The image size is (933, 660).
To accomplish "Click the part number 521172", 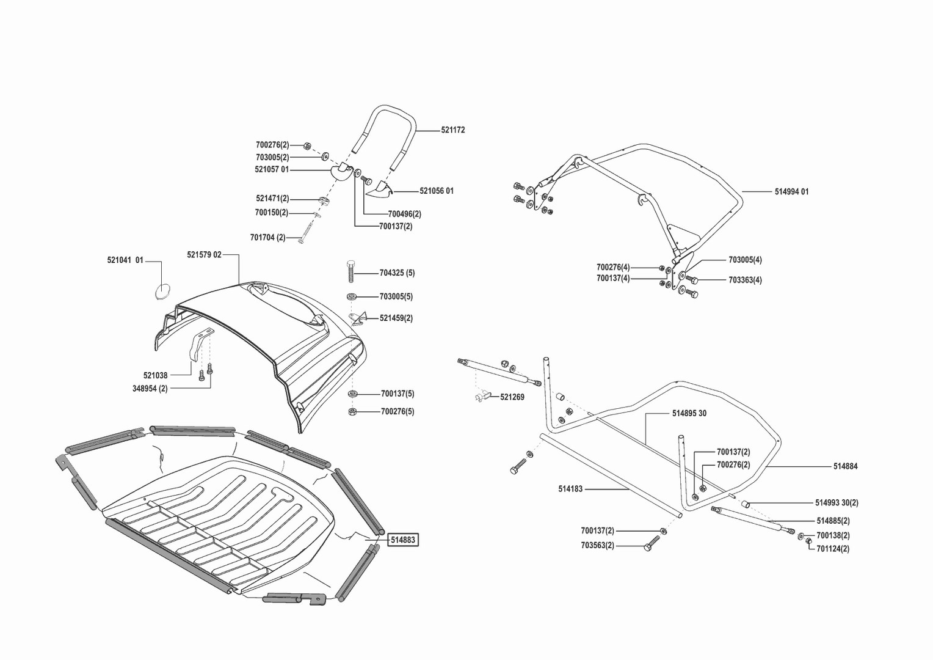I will click(x=452, y=130).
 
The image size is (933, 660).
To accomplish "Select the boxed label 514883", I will click(x=403, y=540).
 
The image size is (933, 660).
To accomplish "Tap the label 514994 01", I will click(x=791, y=192).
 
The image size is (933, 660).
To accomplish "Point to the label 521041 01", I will click(x=125, y=260).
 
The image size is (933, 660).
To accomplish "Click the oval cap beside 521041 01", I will click(x=163, y=291).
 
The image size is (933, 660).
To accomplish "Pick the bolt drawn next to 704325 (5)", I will click(x=350, y=272).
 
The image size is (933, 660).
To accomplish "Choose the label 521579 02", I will click(x=204, y=255).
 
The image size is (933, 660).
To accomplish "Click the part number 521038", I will click(x=155, y=375).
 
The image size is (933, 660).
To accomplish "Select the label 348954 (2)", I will click(x=150, y=389).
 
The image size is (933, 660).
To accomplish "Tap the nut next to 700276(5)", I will click(x=352, y=411).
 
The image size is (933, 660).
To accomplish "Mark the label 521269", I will click(x=512, y=397).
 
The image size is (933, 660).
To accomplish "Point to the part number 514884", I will click(x=845, y=467).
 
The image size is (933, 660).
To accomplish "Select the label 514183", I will click(x=570, y=489).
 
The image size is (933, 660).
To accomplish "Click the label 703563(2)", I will click(x=597, y=546).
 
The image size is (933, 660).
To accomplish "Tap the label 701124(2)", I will click(x=832, y=549).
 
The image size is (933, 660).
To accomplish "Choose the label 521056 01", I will click(x=437, y=191).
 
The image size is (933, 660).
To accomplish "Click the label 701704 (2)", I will click(x=267, y=237).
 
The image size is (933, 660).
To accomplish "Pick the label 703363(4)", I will click(x=745, y=280).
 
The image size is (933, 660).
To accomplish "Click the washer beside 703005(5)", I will click(x=352, y=296).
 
